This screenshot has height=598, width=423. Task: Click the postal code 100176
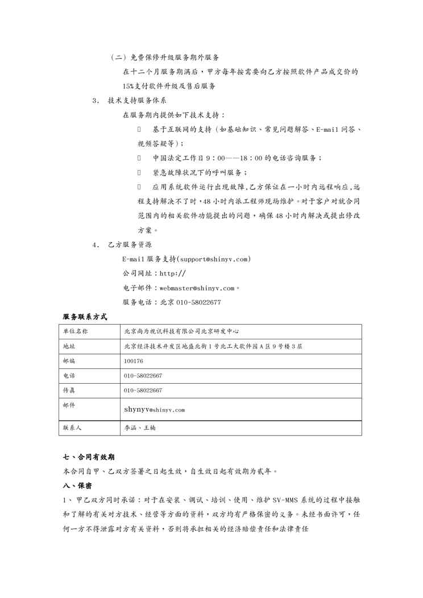[133, 361]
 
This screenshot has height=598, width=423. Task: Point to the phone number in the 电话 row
[143, 376]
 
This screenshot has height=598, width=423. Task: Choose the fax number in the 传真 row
[143, 391]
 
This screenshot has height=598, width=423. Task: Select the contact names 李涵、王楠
[139, 428]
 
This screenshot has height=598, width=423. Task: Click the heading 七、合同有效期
[91, 456]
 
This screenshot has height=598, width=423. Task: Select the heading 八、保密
[77, 486]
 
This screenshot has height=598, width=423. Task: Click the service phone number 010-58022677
[198, 302]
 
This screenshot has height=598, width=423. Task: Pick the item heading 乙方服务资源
[130, 245]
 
